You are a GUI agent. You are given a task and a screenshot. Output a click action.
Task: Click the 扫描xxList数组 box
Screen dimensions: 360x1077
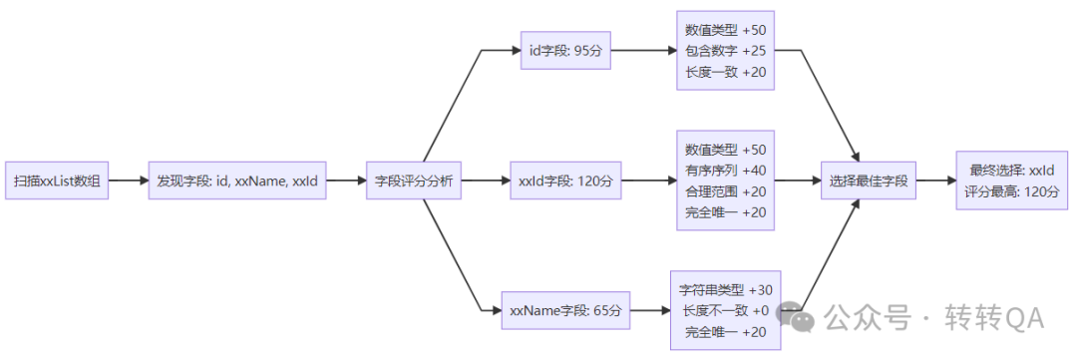pos(57,181)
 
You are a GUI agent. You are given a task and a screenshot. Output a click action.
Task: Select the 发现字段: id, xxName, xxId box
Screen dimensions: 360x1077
pos(237,181)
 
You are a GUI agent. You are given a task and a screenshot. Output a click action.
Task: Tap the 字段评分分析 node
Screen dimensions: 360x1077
pos(414,181)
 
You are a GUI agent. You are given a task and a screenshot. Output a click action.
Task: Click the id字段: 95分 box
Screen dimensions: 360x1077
pos(565,50)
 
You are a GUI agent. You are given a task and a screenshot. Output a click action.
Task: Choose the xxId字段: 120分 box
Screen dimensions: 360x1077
pos(565,181)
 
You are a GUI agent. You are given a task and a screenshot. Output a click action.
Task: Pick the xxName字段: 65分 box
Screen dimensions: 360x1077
pos(565,311)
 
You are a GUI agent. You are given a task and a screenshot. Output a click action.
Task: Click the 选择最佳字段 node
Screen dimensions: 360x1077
pos(868,181)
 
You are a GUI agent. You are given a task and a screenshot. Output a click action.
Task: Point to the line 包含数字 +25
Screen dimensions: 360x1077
pos(725,51)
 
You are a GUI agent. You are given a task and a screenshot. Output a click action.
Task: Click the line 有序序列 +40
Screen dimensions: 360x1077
pos(725,170)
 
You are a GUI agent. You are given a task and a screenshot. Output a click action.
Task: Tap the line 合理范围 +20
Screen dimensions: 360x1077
pos(725,191)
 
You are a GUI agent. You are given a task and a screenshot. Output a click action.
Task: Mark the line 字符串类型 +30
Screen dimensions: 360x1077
pos(725,290)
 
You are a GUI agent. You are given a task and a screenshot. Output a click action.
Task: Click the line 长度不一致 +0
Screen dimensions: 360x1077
pos(725,311)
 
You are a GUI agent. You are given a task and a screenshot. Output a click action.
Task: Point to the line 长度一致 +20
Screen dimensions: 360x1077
pos(725,72)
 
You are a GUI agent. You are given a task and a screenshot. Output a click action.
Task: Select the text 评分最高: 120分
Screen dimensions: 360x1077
pos(1011,191)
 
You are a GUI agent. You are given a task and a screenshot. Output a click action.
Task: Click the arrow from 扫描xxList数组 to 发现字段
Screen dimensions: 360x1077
pos(128,181)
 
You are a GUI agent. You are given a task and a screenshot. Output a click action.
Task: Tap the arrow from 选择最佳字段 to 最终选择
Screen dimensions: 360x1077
pos(934,181)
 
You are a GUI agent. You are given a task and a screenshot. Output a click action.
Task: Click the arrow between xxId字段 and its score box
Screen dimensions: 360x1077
pos(648,181)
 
